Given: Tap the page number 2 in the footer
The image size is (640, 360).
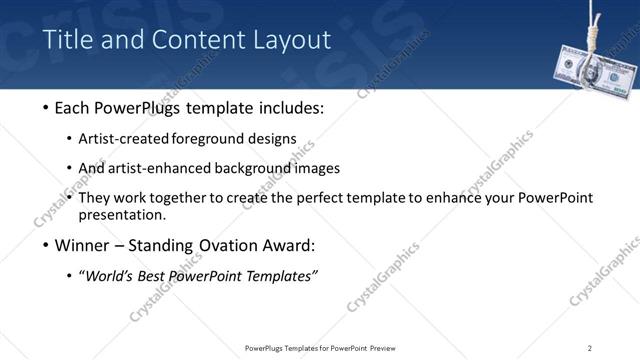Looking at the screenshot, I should [590, 347].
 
